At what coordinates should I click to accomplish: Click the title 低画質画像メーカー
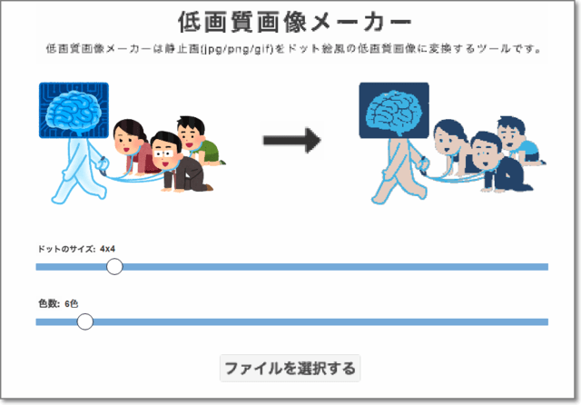click(290, 21)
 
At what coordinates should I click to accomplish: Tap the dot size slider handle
click(114, 266)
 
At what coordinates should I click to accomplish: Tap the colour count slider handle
click(85, 321)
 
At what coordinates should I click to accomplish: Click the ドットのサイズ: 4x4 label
click(76, 248)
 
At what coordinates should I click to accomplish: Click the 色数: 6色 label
click(58, 303)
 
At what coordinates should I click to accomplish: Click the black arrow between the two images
click(292, 140)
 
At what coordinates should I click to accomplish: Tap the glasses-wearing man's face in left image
click(165, 151)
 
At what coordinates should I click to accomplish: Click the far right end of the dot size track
click(546, 266)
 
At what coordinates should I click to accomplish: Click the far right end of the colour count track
click(546, 321)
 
